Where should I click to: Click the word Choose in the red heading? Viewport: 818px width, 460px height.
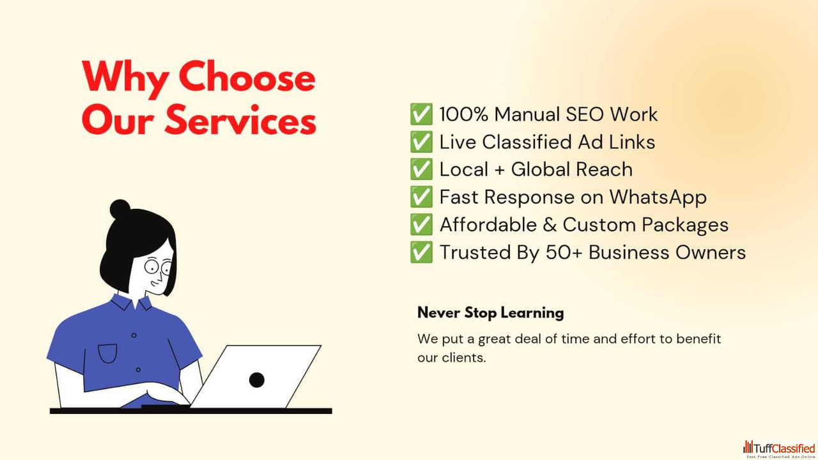(x=247, y=77)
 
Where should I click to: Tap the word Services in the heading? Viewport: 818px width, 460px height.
(x=241, y=120)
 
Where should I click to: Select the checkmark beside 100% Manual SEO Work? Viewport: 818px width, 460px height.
(x=421, y=114)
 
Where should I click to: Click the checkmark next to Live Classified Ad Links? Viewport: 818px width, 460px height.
(x=421, y=142)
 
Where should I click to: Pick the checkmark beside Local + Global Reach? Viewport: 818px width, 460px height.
(x=421, y=169)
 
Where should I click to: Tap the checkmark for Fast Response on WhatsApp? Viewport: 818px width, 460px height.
(x=421, y=197)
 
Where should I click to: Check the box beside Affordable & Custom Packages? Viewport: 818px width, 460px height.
(x=421, y=224)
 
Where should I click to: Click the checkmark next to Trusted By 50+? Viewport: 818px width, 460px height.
(x=421, y=252)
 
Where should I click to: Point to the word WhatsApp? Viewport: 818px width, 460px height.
(x=658, y=197)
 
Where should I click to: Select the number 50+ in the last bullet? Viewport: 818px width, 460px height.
(x=564, y=252)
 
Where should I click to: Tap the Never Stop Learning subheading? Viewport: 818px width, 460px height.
(x=490, y=313)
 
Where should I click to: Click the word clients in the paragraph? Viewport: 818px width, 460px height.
(x=463, y=357)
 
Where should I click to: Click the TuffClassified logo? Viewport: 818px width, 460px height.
(x=779, y=449)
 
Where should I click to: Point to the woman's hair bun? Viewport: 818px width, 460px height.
(x=120, y=209)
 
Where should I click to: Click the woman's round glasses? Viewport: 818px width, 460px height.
(x=158, y=267)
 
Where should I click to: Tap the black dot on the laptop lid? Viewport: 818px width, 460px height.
(x=257, y=380)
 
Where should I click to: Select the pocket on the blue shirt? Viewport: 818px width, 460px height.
(x=108, y=353)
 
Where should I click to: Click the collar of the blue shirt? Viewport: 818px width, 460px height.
(x=132, y=302)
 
